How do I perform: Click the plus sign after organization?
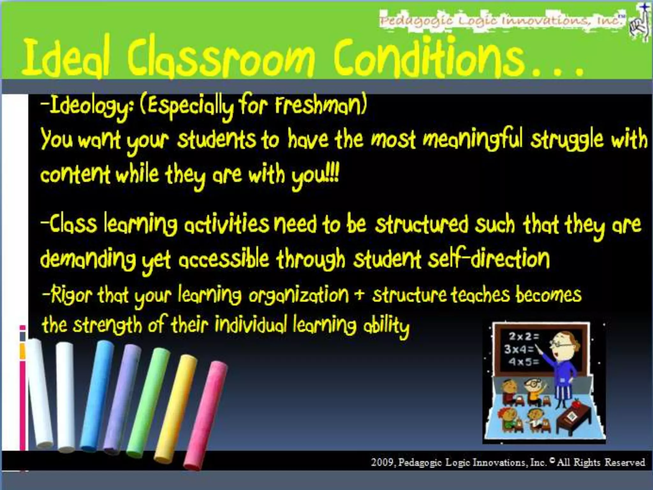coord(360,295)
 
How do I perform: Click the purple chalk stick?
coord(121,399)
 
